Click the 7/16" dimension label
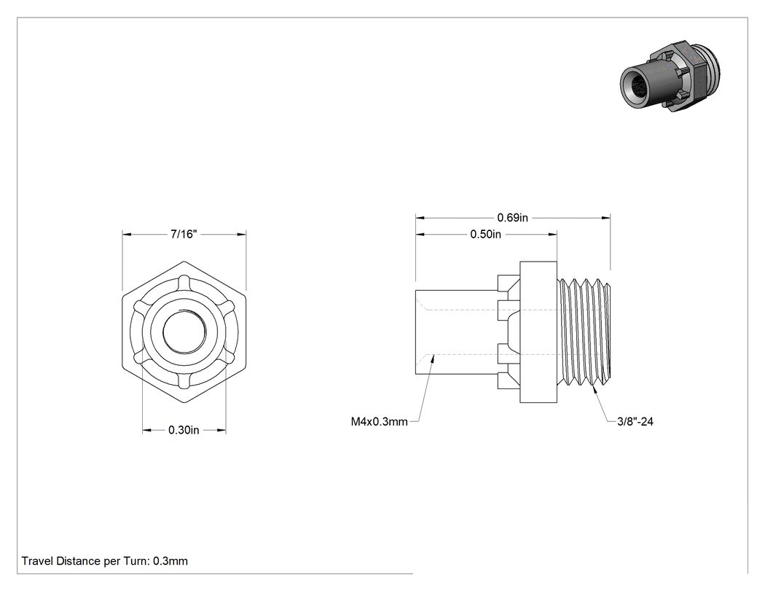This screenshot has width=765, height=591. click(x=184, y=234)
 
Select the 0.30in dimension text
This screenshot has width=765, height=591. click(x=184, y=430)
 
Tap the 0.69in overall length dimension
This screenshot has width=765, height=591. click(x=512, y=218)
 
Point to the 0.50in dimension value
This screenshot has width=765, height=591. click(x=485, y=234)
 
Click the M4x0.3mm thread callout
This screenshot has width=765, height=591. click(x=379, y=422)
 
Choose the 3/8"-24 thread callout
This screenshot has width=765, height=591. click(x=635, y=422)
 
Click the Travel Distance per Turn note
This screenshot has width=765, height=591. click(x=104, y=561)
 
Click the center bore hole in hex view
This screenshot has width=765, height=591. click(x=184, y=332)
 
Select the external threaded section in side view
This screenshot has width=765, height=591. click(x=584, y=332)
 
